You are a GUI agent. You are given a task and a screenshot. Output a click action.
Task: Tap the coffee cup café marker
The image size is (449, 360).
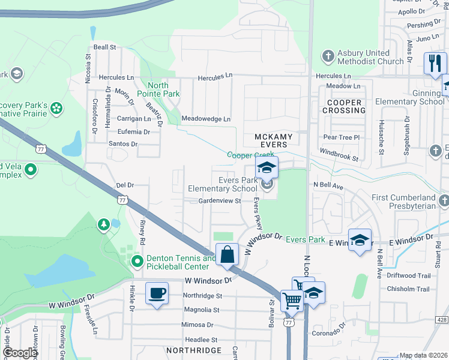pos(157,293)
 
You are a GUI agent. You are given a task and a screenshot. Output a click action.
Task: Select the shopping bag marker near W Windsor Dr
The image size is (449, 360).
pos(228,254)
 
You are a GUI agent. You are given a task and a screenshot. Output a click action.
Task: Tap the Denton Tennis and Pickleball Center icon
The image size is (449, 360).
pos(137,261)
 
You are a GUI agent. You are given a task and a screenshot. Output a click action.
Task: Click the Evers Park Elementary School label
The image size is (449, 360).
pos(222,184)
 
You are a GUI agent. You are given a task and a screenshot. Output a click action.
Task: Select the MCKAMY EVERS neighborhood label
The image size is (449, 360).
pos(274,140)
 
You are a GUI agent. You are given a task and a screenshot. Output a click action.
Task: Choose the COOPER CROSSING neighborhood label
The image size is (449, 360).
pos(345,106)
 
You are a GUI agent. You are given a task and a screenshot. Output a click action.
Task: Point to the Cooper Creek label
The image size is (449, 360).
pos(250,155)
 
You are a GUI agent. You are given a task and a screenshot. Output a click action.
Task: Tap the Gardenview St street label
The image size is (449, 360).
pos(220,201)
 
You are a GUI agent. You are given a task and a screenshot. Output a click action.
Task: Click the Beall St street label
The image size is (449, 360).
pos(104,47)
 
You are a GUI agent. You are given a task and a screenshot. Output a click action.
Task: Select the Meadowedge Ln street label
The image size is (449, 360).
pos(206,119)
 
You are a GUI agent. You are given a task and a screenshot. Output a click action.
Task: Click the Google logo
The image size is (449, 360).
pos(20,353)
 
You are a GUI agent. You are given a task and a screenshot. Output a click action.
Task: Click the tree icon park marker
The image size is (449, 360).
pos(104,224)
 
